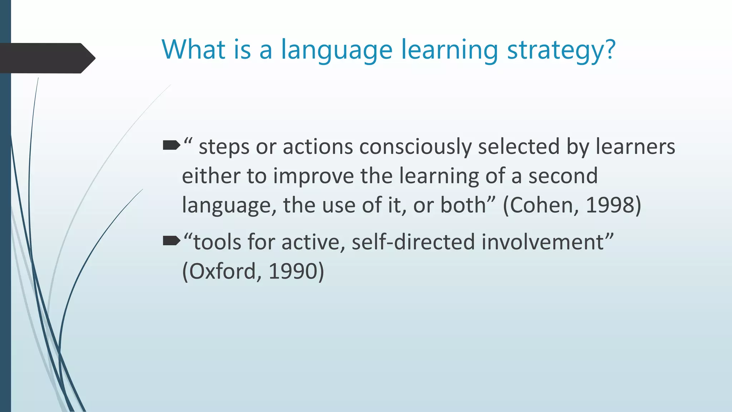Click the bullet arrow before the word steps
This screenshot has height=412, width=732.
(171, 145)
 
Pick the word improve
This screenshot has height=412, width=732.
(313, 176)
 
